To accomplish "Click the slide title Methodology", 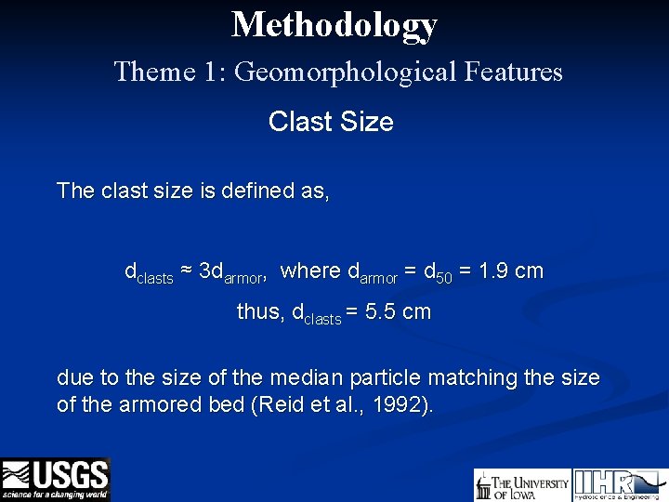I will (334, 24).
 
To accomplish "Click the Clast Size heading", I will (331, 122).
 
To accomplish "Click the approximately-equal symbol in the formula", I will (186, 271).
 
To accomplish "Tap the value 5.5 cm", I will (399, 312).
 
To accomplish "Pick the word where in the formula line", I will (310, 271).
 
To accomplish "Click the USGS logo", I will (56, 479).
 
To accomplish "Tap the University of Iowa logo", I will (521, 485).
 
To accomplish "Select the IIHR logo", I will (617, 484).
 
